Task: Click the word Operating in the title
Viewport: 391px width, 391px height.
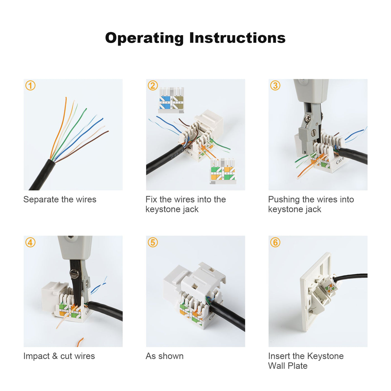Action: click(x=144, y=38)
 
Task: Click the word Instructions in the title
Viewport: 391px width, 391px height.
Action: click(x=237, y=38)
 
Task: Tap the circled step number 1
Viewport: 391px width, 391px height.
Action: click(x=30, y=85)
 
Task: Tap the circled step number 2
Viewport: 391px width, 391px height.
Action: click(x=153, y=85)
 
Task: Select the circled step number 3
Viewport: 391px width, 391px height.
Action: click(x=275, y=85)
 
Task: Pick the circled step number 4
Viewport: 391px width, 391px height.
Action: click(x=30, y=242)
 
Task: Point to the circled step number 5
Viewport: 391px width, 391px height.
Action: click(x=153, y=242)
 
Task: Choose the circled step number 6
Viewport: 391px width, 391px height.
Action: click(x=275, y=242)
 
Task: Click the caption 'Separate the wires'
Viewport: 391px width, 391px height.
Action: click(x=60, y=199)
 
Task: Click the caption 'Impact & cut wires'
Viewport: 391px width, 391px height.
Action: click(x=59, y=356)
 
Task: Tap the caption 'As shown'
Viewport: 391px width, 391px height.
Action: click(x=164, y=356)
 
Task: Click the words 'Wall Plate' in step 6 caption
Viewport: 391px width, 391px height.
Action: click(x=288, y=366)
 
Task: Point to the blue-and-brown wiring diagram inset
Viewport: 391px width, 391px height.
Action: click(x=171, y=100)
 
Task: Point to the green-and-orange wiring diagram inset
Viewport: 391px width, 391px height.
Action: click(x=223, y=171)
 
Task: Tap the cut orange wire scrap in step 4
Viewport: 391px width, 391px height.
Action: click(x=80, y=342)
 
